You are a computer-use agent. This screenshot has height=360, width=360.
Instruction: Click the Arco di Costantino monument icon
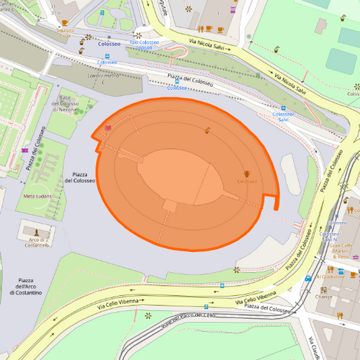pyautogui.click(x=37, y=230)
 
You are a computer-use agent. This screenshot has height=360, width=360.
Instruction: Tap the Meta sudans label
pyautogui.click(x=38, y=196)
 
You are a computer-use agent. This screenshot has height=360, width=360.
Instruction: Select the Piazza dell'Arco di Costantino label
pyautogui.click(x=30, y=286)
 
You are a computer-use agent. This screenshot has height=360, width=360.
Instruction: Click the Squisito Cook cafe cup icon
pyautogui.click(x=65, y=23)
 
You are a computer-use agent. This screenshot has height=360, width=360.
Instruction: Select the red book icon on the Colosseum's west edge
pyautogui.click(x=108, y=128)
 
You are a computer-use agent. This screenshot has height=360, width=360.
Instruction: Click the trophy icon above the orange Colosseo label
pyautogui.click(x=247, y=174)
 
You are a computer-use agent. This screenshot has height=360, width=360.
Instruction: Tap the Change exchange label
pyautogui.click(x=324, y=296)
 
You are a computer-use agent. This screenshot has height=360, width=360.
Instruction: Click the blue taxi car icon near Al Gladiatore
pyautogui.click(x=308, y=277)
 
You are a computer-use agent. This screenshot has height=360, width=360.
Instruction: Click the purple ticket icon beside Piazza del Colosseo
pyautogui.click(x=25, y=150)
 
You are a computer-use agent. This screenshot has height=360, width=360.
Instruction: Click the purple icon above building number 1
pyautogui.click(x=233, y=10)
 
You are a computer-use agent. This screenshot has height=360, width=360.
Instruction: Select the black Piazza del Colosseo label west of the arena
pyautogui.click(x=80, y=177)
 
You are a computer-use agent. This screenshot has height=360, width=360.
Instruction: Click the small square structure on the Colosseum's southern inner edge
pyautogui.click(x=170, y=205)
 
